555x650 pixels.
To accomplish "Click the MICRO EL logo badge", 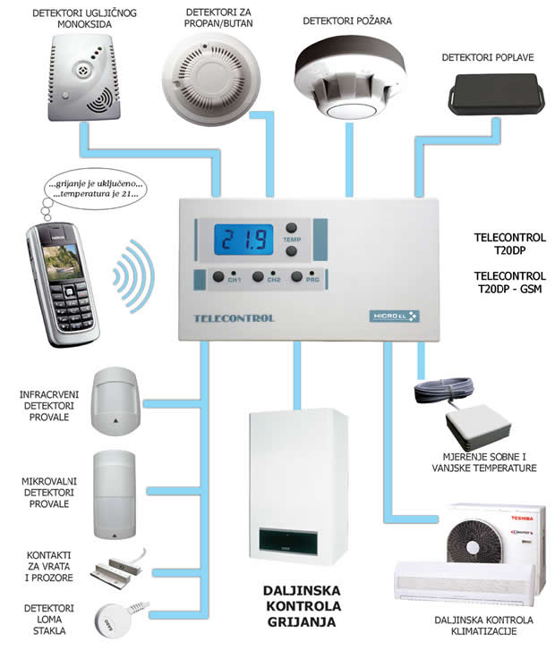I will click(394, 316).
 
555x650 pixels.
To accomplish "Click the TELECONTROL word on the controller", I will click(235, 318).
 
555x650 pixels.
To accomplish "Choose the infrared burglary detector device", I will click(114, 397).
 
